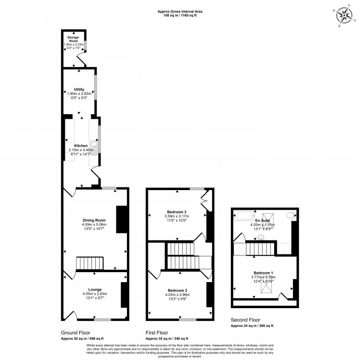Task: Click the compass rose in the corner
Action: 344,15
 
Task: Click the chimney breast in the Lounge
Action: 124,295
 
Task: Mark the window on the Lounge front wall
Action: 102,320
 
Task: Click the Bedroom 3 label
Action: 176,212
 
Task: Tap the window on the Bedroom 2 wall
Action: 187,320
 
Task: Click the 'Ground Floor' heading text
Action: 75,332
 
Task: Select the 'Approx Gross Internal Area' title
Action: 179,11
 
